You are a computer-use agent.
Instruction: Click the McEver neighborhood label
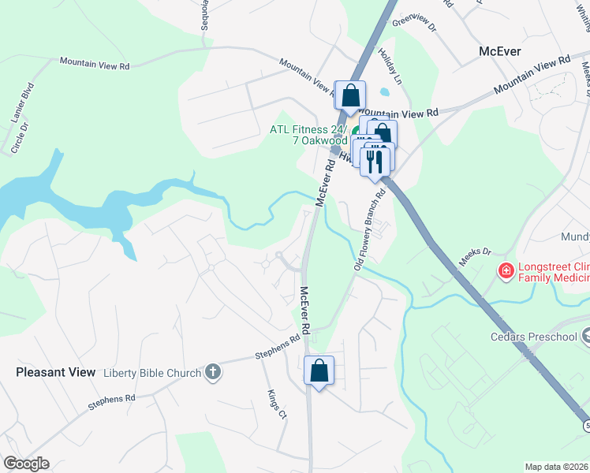coord(501,51)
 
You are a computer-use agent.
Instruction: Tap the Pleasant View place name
coord(55,372)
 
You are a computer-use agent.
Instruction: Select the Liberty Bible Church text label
coord(154,372)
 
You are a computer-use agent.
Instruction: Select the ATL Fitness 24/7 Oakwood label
coord(309,135)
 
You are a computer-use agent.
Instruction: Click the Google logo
coord(26,464)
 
